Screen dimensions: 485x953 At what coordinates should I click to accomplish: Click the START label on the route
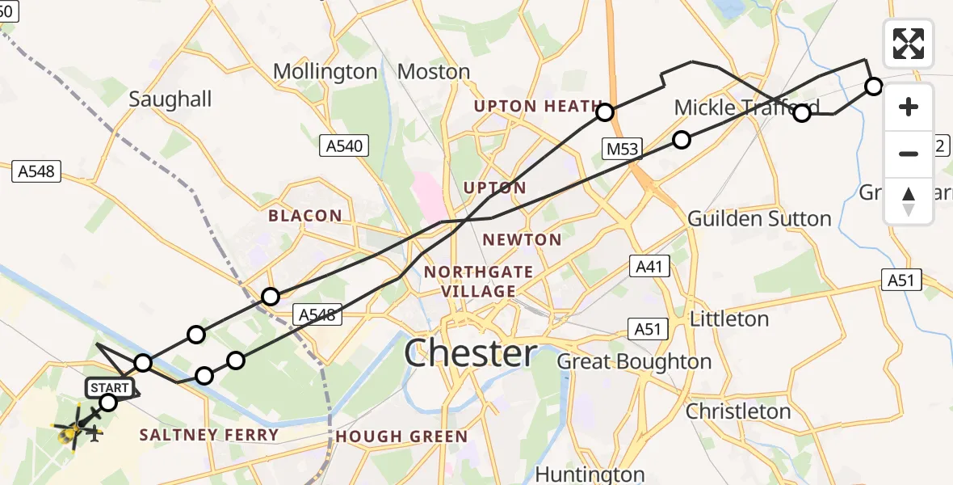click(x=110, y=388)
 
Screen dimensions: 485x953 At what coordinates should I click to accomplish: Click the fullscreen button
click(x=909, y=44)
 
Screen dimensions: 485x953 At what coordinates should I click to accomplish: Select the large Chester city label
click(x=470, y=354)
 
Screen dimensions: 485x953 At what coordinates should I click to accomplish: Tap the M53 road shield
click(x=621, y=148)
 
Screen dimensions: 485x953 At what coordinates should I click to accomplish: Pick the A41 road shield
click(x=649, y=266)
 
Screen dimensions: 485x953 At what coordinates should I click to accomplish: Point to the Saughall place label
click(x=170, y=99)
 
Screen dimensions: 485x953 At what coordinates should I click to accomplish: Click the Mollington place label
click(x=325, y=72)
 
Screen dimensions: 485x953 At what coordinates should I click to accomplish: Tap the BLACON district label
click(x=305, y=216)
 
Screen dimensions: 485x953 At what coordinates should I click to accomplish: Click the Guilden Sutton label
click(x=759, y=219)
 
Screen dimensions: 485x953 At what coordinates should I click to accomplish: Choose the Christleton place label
click(x=738, y=411)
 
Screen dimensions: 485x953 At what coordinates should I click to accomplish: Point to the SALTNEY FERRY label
click(x=209, y=435)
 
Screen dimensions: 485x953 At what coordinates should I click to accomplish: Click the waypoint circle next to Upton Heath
click(x=605, y=112)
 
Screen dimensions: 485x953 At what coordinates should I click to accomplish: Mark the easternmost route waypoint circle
click(x=874, y=86)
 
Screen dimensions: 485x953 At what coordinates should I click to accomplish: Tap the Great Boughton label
click(x=634, y=361)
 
